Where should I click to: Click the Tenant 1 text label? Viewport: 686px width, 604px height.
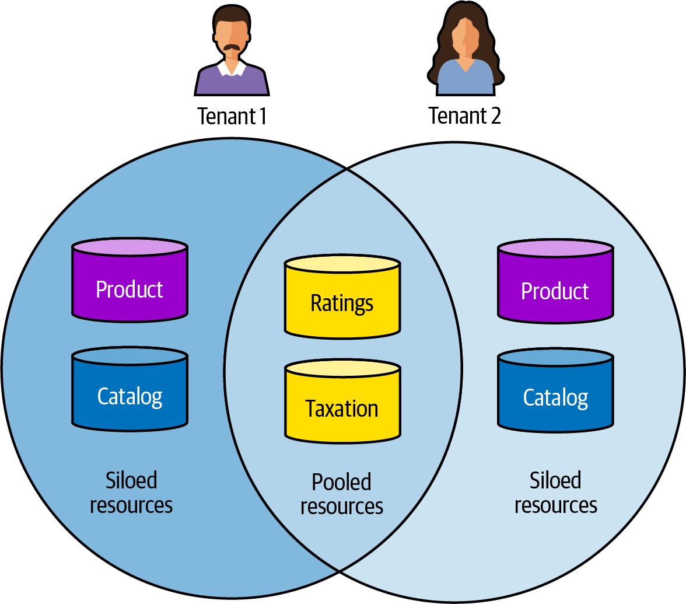(x=232, y=116)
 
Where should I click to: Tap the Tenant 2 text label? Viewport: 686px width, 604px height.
(x=464, y=116)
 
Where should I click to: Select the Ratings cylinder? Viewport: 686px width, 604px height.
(x=342, y=298)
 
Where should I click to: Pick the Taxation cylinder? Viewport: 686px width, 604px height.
(x=342, y=403)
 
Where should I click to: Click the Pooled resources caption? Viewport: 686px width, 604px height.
(x=342, y=494)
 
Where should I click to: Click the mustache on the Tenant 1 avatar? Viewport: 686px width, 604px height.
(x=232, y=47)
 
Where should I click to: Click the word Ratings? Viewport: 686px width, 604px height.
(x=342, y=303)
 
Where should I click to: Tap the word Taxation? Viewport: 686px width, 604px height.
(x=342, y=409)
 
